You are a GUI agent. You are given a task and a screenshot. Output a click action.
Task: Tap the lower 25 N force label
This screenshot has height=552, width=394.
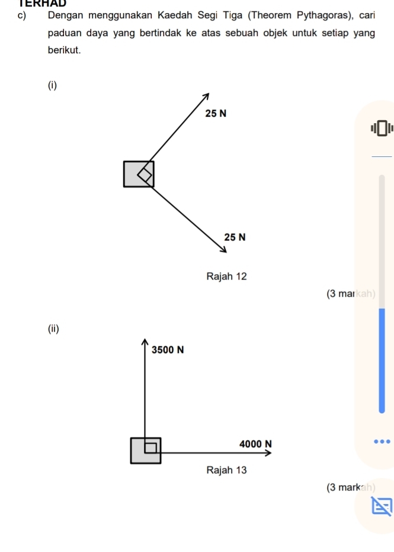click(235, 237)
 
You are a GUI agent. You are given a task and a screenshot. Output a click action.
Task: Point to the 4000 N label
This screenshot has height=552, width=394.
click(255, 444)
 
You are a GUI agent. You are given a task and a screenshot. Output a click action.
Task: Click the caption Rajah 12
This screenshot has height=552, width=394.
click(226, 276)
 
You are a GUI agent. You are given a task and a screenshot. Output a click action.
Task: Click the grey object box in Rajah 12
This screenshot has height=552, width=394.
click(138, 174)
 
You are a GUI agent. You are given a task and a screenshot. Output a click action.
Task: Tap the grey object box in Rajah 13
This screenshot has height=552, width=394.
click(146, 451)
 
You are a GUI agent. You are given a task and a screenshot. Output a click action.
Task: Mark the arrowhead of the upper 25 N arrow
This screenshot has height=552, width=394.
click(207, 96)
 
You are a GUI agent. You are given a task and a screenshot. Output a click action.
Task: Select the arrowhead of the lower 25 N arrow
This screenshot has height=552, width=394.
click(223, 249)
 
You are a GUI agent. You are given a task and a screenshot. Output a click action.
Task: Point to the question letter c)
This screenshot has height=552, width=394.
click(22, 16)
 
